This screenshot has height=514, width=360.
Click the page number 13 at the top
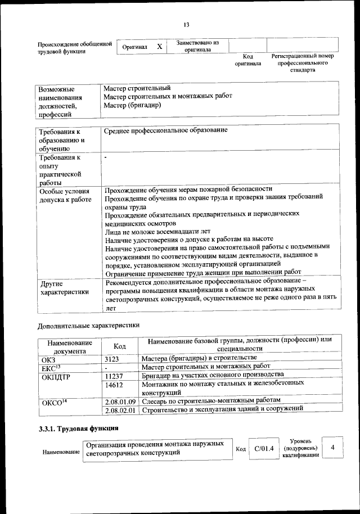click(186, 24)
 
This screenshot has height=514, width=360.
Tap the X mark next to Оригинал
click(160, 46)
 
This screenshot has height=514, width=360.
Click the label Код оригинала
click(248, 60)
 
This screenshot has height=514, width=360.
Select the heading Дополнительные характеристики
click(88, 325)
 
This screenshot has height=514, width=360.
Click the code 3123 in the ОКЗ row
click(112, 358)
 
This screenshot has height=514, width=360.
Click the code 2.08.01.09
click(121, 402)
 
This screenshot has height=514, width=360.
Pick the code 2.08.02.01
click(121, 411)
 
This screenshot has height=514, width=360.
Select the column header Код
click(119, 346)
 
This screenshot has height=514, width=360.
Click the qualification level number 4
click(334, 447)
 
